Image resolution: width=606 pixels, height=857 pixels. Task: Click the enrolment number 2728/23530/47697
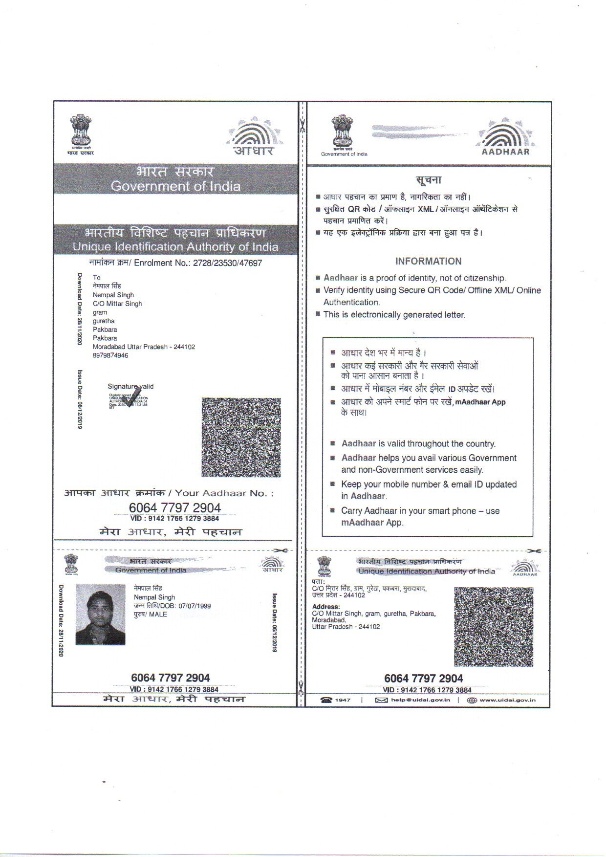coord(227,263)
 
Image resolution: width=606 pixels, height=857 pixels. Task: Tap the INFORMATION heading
coord(428,261)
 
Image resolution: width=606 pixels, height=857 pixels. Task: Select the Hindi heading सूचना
coord(429,180)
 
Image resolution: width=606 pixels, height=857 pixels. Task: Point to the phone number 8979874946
coord(110,355)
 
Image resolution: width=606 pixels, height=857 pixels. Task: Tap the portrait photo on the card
coord(101,615)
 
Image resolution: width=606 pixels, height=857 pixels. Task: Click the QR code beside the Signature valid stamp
coord(241,437)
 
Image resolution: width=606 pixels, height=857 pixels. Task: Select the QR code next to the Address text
coord(493,626)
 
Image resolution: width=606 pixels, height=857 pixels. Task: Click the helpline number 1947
coord(343,700)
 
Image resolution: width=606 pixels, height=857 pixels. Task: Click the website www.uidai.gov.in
coord(507,700)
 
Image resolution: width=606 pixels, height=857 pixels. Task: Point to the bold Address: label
coord(325,607)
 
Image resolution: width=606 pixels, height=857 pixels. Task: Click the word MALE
coord(158,615)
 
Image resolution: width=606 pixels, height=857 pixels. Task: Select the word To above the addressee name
coord(96,278)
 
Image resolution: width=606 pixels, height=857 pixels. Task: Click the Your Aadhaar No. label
coord(224,493)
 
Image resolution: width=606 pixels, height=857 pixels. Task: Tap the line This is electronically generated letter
coord(394,315)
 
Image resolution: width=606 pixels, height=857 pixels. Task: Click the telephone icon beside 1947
coord(326,700)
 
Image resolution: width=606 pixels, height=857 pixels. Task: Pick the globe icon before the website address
coord(472,700)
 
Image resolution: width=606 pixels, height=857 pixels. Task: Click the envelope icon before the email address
coord(381,700)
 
